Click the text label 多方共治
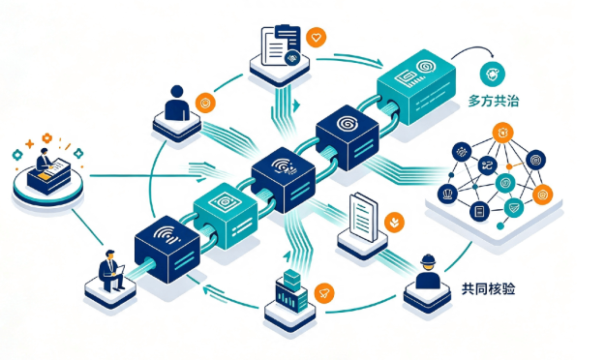click(x=493, y=101)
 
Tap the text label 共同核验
click(x=488, y=288)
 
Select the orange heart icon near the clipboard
click(x=316, y=38)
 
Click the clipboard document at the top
click(x=281, y=45)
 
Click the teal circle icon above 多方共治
click(x=493, y=74)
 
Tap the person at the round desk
click(x=44, y=159)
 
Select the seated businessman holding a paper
click(x=111, y=270)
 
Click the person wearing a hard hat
click(x=428, y=272)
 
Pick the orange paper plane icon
click(x=324, y=293)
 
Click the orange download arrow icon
click(x=394, y=223)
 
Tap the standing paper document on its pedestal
click(x=363, y=217)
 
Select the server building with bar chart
click(x=291, y=291)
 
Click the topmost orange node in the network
click(x=502, y=133)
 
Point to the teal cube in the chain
click(x=226, y=215)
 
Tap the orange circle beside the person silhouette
click(x=205, y=103)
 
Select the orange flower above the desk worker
click(x=46, y=137)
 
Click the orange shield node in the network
click(x=542, y=195)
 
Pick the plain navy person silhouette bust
click(x=177, y=103)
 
